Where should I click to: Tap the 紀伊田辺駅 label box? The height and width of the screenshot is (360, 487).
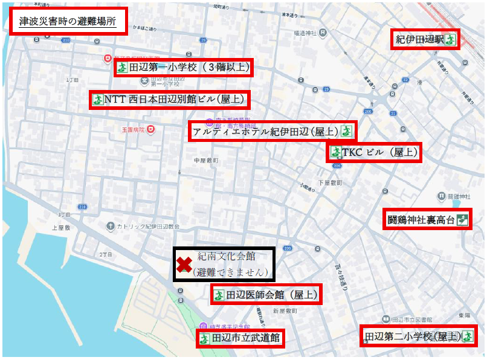coord(424,40)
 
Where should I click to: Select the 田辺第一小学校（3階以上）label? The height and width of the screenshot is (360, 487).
coord(183,67)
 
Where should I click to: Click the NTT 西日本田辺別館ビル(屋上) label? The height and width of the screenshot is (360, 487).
coord(170,99)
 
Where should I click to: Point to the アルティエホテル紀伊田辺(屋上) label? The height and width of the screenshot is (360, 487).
coord(271,130)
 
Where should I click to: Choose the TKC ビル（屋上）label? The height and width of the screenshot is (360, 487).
coord(374,153)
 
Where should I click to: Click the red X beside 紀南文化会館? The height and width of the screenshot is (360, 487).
coord(184,264)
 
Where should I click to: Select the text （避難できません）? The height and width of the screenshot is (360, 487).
coord(230,272)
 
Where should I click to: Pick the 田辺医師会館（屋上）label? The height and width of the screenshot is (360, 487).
coord(265,295)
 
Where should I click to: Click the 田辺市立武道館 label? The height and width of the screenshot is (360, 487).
coord(240,338)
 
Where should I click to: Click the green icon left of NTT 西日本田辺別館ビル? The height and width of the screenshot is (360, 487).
coord(97,99)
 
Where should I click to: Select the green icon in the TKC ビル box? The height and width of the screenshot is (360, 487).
coord(335,153)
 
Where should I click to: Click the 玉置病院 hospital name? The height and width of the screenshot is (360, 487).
coord(132,129)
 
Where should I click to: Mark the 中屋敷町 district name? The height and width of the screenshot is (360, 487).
coord(205,160)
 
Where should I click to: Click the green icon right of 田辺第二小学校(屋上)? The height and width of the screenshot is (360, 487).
coord(467,336)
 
